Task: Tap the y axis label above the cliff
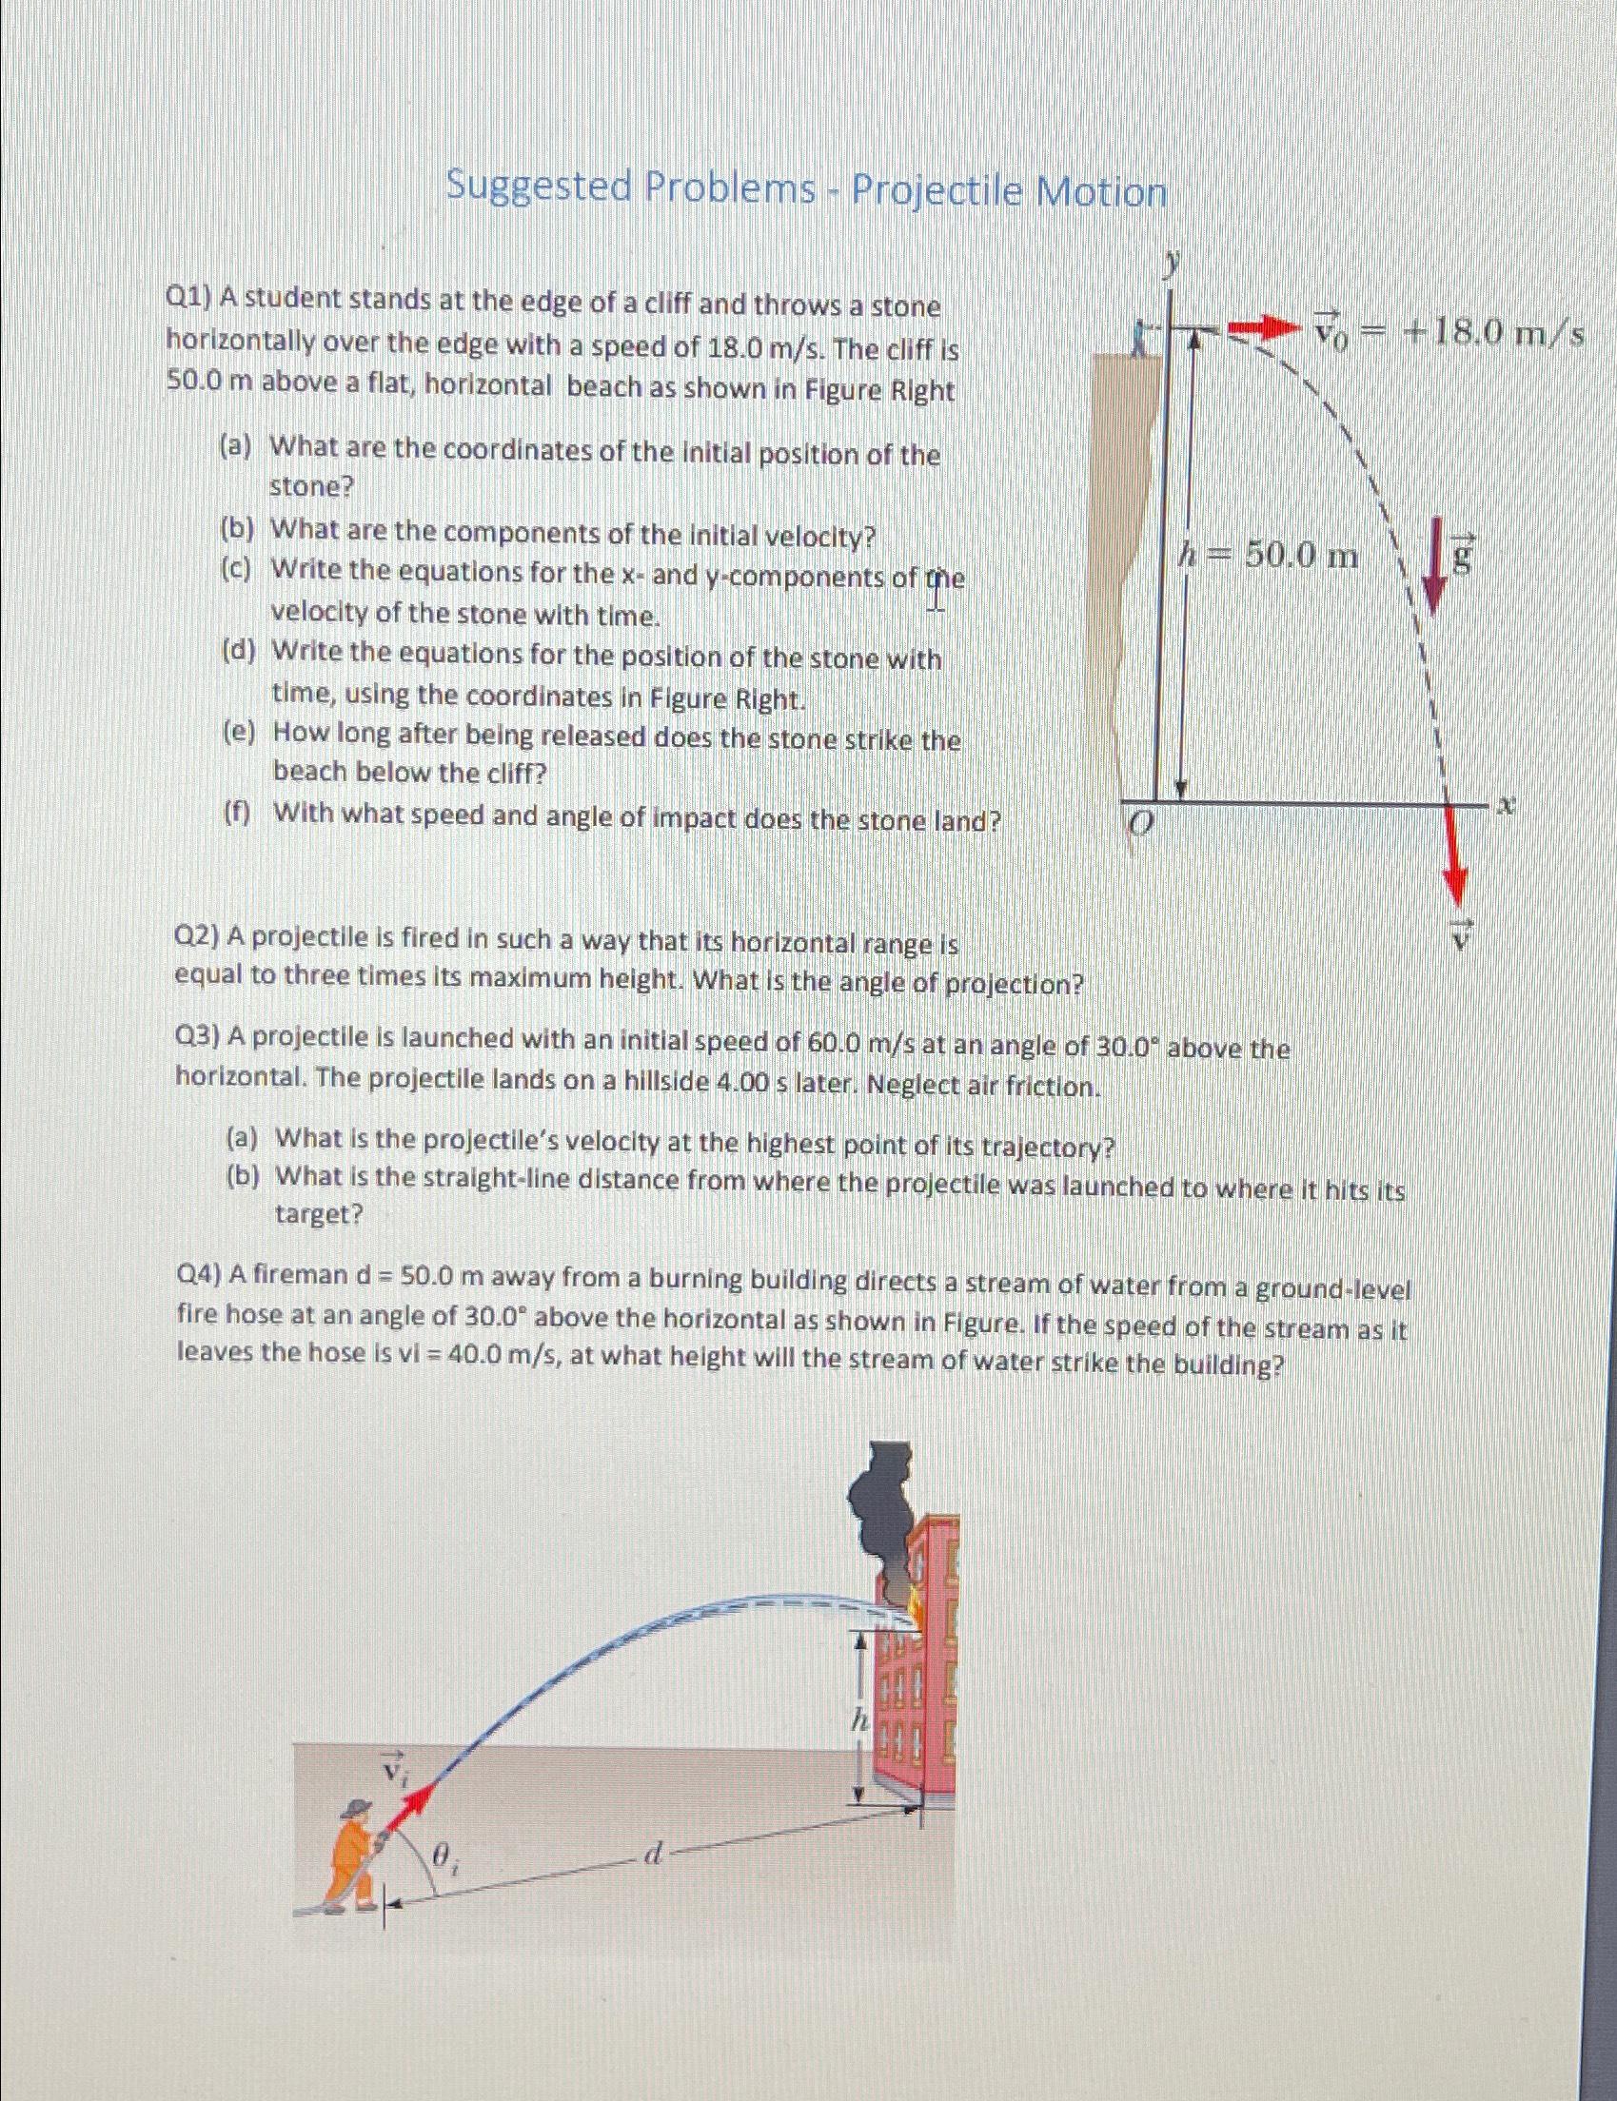pos(1171,265)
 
